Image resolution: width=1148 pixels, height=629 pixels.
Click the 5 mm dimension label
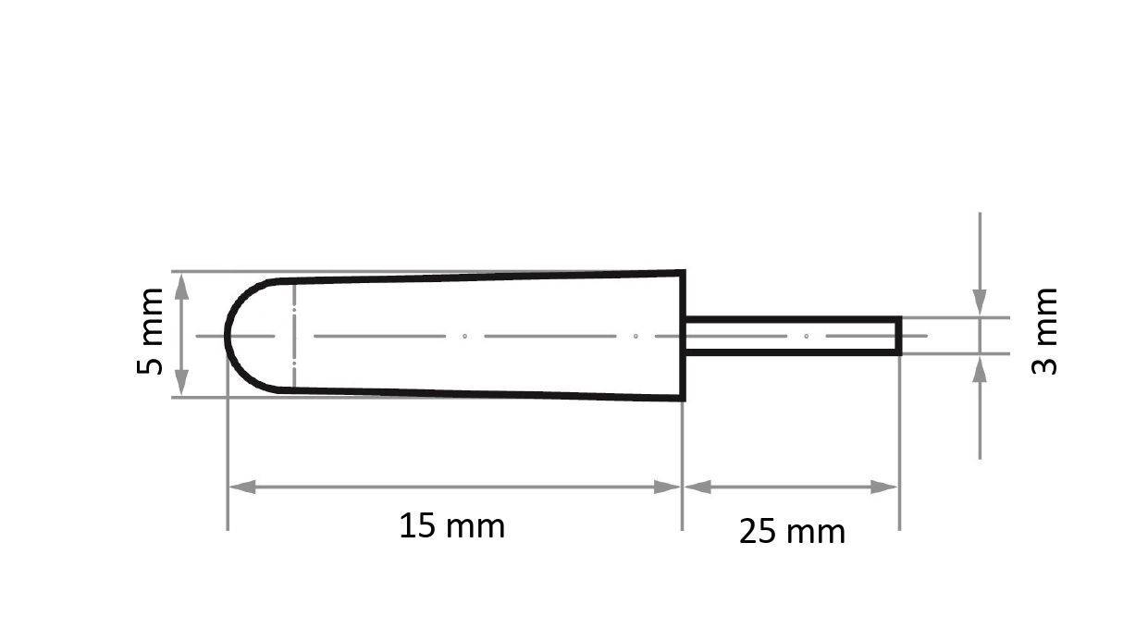pyautogui.click(x=150, y=331)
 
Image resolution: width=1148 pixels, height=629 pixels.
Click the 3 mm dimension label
pyautogui.click(x=1043, y=330)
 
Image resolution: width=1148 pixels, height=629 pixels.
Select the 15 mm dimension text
pyautogui.click(x=451, y=526)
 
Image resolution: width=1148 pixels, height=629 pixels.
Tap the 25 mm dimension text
pyautogui.click(x=792, y=532)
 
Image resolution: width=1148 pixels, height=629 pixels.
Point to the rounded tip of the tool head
pyautogui.click(x=228, y=335)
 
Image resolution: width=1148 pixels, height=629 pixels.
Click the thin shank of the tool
pyautogui.click(x=791, y=335)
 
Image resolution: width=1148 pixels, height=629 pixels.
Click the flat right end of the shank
pyautogui.click(x=899, y=335)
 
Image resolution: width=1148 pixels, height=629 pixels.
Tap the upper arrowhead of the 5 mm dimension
pyautogui.click(x=181, y=285)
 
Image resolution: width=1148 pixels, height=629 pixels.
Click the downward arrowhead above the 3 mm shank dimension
pyautogui.click(x=980, y=303)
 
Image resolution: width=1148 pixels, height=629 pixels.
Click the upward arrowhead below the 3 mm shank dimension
pyautogui.click(x=980, y=367)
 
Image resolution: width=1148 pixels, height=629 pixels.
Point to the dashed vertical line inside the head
pyautogui.click(x=293, y=335)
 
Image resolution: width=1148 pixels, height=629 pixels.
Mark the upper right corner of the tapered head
pyautogui.click(x=683, y=272)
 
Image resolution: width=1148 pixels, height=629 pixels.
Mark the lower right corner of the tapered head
pyautogui.click(x=683, y=399)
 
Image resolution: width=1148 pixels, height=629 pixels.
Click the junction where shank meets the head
pyautogui.click(x=685, y=335)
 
